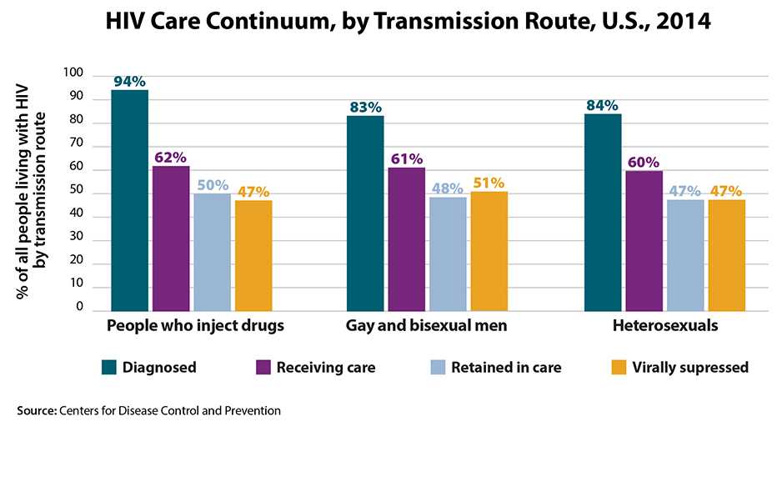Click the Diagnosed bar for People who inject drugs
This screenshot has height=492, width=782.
pyautogui.click(x=129, y=200)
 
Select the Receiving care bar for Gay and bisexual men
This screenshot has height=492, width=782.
pyautogui.click(x=406, y=239)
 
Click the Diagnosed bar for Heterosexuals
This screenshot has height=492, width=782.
pyautogui.click(x=603, y=213)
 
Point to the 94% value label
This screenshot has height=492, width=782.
pyautogui.click(x=129, y=82)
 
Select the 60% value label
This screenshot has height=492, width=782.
pyautogui.click(x=643, y=163)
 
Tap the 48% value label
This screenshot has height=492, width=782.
pyautogui.click(x=448, y=188)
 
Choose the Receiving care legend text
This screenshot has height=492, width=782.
pyautogui.click(x=326, y=367)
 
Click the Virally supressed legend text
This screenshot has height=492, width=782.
pyautogui.click(x=690, y=367)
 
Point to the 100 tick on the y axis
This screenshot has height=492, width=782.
pyautogui.click(x=74, y=73)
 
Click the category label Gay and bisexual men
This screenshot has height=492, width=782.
pyautogui.click(x=427, y=325)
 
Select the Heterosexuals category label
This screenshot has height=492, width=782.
pyautogui.click(x=664, y=325)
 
